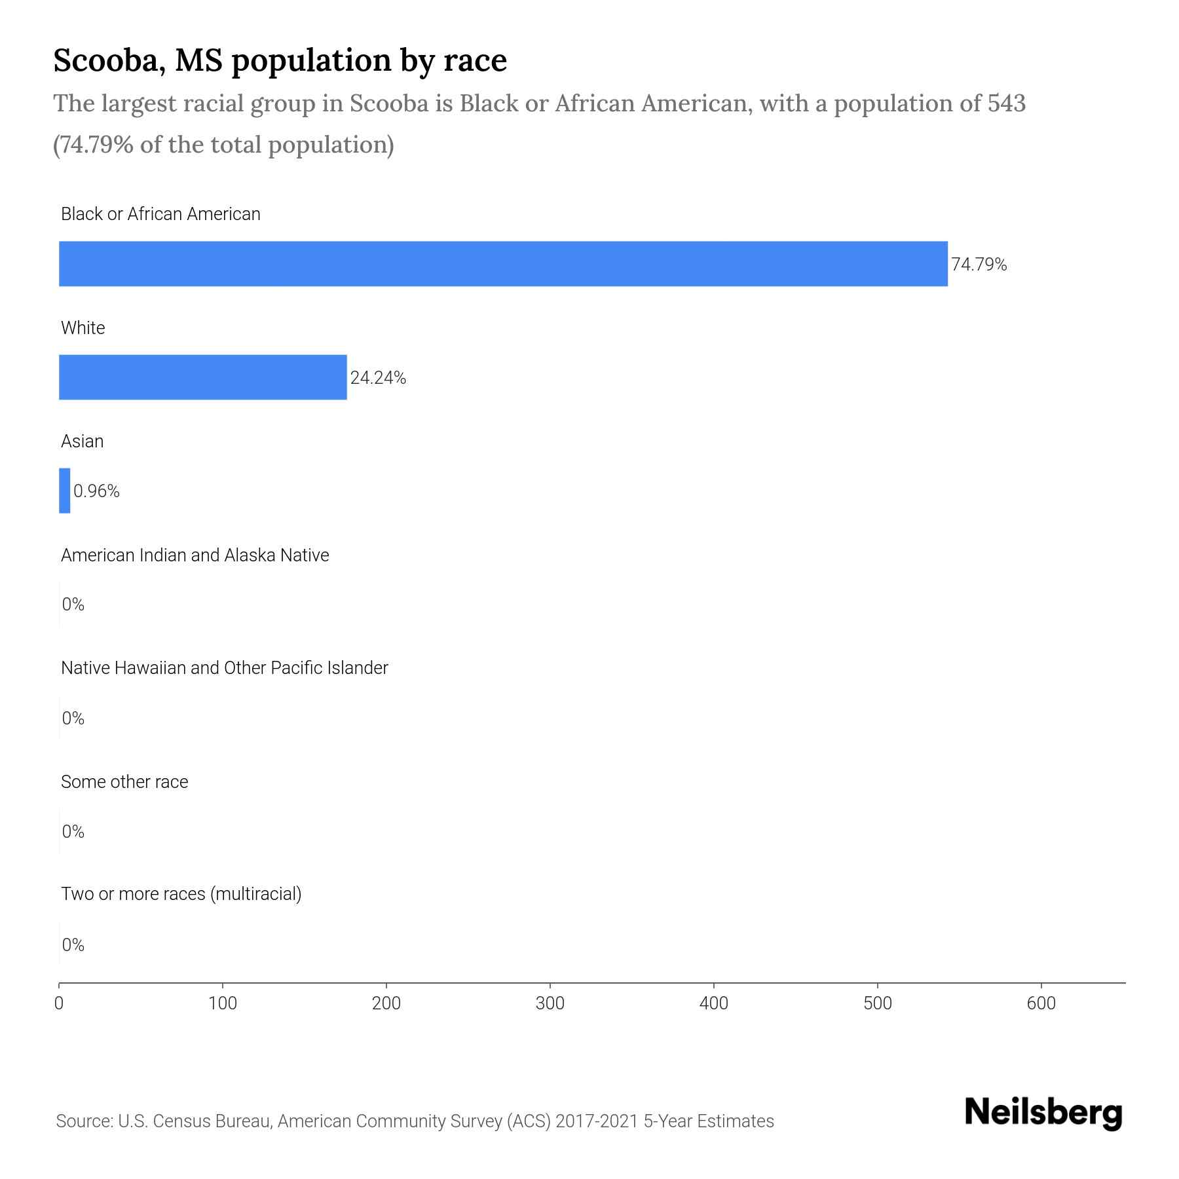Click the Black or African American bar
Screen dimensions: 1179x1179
point(503,263)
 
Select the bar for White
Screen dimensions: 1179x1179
point(202,377)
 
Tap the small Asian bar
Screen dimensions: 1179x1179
point(64,491)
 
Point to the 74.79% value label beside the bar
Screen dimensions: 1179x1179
point(979,265)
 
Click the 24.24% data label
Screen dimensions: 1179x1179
point(378,378)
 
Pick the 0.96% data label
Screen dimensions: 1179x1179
point(96,491)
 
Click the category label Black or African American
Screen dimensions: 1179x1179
point(160,214)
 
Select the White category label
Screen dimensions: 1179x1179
point(83,327)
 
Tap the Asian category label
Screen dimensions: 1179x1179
point(82,441)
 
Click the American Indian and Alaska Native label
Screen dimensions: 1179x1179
point(195,555)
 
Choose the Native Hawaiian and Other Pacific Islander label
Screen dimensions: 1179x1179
point(224,668)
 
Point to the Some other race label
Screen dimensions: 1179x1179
point(124,782)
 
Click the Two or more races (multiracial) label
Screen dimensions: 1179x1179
point(181,894)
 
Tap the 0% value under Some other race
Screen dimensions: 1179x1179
point(73,832)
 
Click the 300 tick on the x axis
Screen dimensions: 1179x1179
point(550,1003)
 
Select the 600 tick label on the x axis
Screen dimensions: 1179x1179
point(1041,1003)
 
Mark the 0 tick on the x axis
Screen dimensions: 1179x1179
point(59,1003)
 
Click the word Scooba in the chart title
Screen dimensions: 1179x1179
point(104,61)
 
